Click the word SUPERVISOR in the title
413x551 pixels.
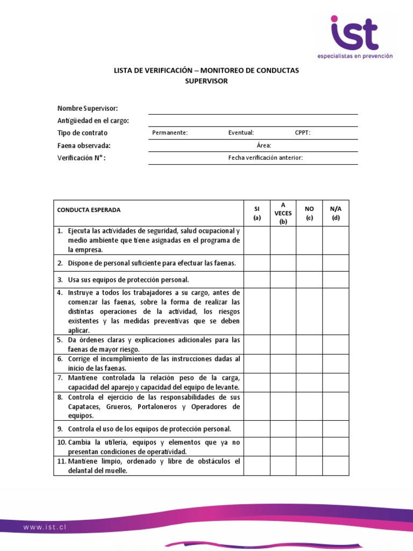(206, 81)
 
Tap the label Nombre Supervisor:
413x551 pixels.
(88, 109)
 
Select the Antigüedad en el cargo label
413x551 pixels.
(93, 121)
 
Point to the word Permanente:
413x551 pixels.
(170, 133)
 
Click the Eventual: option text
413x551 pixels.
(241, 133)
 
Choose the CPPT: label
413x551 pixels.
(303, 133)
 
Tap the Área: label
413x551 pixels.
(264, 145)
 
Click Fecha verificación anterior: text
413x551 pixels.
(266, 158)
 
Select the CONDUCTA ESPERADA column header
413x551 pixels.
(89, 210)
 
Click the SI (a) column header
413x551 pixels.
(257, 213)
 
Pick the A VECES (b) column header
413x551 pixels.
(283, 213)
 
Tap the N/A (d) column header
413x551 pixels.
(336, 213)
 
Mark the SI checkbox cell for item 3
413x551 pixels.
(257, 280)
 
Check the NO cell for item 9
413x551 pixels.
(309, 429)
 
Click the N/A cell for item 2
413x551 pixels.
(336, 263)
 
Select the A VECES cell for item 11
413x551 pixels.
(283, 466)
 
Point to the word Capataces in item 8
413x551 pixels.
(83, 407)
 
